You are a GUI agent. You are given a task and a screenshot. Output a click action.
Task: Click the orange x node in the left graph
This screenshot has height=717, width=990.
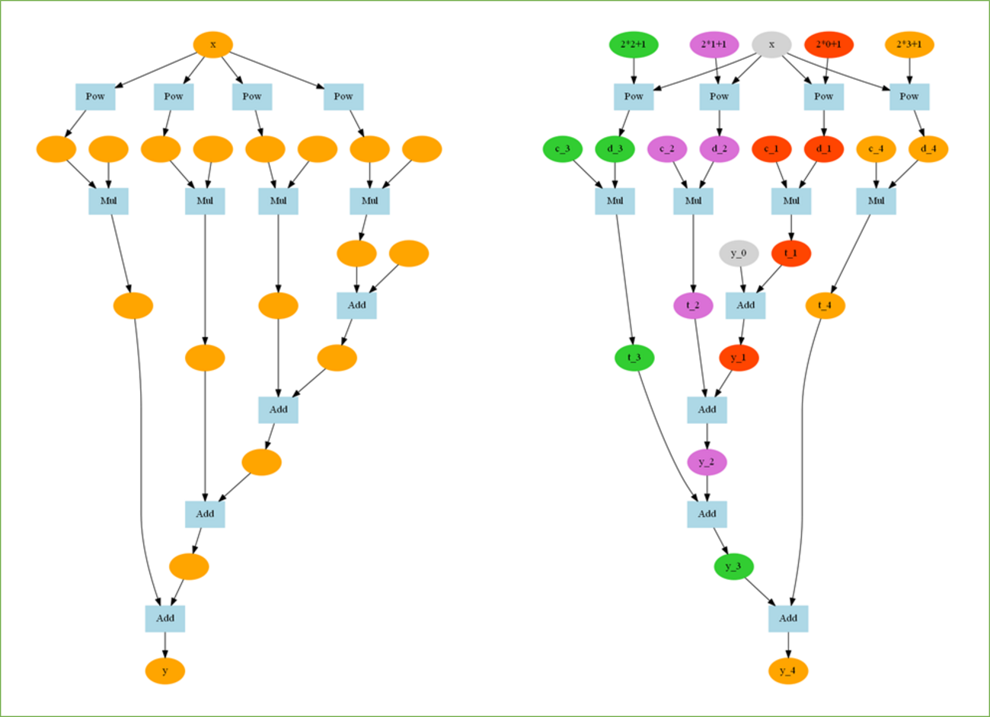pos(212,44)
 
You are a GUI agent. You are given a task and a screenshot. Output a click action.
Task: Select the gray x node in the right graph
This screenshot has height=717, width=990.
pos(771,44)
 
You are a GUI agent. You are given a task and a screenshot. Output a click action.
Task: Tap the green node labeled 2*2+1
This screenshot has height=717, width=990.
pos(634,44)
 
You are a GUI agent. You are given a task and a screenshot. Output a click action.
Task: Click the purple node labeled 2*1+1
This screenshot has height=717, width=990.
pos(714,44)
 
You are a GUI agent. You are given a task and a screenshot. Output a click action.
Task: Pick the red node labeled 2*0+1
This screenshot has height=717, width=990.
pos(829,44)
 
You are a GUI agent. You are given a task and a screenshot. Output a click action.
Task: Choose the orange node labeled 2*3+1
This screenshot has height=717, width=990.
pos(909,44)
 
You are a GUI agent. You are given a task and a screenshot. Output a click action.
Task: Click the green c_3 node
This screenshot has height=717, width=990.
pos(562,148)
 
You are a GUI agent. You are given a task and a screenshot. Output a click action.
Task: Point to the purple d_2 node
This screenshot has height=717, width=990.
pos(719,148)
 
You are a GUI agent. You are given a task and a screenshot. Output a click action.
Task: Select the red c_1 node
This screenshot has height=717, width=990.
pos(771,148)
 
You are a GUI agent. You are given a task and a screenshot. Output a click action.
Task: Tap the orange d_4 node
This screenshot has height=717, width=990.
pos(928,148)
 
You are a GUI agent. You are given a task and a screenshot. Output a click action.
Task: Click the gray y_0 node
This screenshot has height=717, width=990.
pos(739,253)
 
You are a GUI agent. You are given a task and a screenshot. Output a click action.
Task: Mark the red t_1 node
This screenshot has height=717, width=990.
pos(791,253)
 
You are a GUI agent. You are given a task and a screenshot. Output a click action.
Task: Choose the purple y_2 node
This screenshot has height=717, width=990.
pos(707,462)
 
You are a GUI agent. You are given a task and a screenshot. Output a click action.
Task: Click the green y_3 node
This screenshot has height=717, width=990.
pos(733,566)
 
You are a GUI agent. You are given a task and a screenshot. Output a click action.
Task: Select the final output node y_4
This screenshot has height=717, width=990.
pos(788,671)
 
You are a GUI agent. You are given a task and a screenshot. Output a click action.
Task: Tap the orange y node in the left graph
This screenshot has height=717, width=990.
pos(165,671)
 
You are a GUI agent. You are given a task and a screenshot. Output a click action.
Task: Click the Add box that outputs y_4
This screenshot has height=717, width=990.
pos(788,618)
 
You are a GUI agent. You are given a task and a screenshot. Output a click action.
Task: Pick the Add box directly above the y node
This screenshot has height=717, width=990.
pos(165,618)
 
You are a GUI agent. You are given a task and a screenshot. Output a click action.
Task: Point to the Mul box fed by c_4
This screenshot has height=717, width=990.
pos(876,201)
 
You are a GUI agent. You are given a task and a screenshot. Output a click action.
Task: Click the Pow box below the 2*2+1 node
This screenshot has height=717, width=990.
pos(634,97)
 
